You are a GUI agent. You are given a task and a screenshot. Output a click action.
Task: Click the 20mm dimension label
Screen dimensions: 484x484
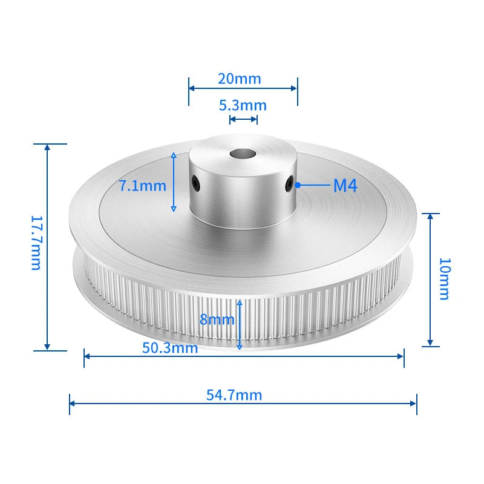click(x=240, y=79)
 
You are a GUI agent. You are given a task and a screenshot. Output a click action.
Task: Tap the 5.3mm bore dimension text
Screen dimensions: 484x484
click(x=242, y=105)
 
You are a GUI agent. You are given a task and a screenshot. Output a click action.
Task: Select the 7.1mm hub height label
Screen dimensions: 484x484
click(x=142, y=186)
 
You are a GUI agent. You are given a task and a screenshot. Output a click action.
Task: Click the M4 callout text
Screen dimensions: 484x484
click(x=345, y=186)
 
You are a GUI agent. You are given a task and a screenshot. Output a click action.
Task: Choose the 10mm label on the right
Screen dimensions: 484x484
click(x=444, y=279)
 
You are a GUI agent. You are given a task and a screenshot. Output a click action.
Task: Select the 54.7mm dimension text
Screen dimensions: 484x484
click(x=234, y=395)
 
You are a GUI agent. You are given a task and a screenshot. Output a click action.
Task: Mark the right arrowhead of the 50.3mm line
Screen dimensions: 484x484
click(x=401, y=356)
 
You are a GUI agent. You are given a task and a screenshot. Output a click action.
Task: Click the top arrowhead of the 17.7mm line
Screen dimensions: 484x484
click(x=47, y=146)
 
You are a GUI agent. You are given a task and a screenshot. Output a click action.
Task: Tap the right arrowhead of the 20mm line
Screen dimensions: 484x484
click(x=295, y=87)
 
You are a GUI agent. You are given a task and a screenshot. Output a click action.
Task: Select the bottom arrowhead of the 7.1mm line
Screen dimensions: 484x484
click(x=174, y=209)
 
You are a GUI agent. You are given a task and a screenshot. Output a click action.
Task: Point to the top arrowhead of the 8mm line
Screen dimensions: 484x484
click(x=240, y=302)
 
